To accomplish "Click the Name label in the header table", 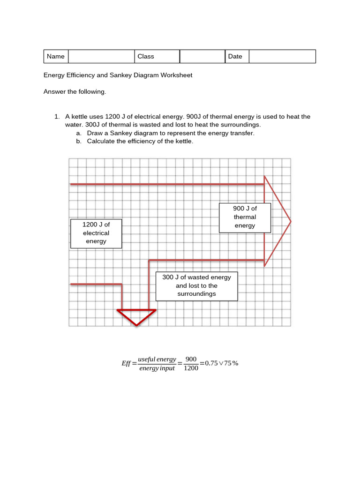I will point(55,56).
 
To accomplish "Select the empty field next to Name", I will point(101,56).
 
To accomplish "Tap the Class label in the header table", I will point(145,56).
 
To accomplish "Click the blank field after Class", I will point(202,56).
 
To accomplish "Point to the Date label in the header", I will point(235,56).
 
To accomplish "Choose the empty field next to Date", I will point(282,56).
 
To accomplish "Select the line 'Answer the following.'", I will point(75,92).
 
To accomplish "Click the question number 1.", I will point(57,117).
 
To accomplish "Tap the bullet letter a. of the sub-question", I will point(79,133).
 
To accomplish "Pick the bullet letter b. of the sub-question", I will point(79,141).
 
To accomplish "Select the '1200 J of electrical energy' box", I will point(96,233).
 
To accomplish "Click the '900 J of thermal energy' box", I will point(245,217).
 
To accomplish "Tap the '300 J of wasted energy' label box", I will point(196,286).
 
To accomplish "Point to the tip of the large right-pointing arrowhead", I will point(290,221).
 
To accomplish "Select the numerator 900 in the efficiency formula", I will point(191,359).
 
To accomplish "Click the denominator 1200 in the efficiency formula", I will point(191,368).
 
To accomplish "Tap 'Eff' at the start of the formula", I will point(126,363).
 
